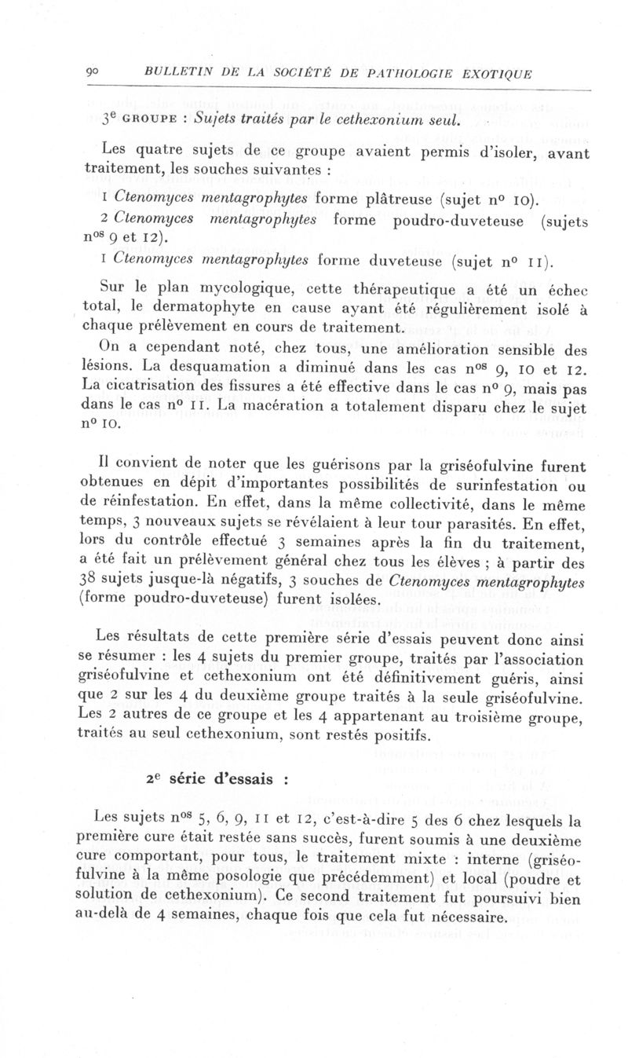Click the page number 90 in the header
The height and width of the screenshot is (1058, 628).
click(92, 74)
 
